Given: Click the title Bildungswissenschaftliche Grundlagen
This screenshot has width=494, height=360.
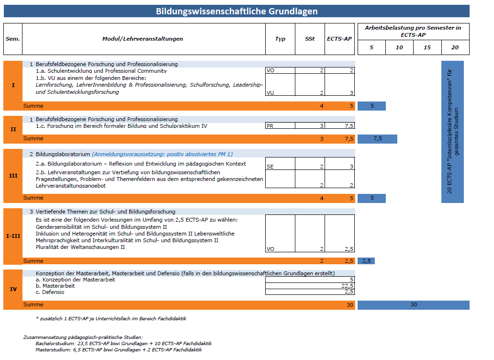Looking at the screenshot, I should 236,11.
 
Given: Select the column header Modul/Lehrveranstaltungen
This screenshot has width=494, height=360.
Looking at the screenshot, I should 143,39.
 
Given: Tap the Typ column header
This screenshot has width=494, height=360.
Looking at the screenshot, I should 280,39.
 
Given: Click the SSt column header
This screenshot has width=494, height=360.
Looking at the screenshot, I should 310,39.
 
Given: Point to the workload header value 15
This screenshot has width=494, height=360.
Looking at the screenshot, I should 427,47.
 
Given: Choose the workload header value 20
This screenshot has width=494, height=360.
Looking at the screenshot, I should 455,47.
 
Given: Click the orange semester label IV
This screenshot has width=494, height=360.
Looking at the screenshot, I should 13,289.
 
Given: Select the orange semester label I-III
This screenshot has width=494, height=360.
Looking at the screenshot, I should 13,236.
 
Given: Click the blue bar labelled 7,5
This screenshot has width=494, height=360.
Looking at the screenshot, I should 377,139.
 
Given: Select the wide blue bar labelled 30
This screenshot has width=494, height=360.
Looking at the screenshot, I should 414,305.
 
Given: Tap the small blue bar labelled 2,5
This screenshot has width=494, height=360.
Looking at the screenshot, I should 366,261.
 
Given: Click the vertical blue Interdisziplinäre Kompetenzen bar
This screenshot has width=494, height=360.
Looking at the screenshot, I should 452,132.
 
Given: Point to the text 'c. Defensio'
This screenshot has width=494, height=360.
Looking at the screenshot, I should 50,292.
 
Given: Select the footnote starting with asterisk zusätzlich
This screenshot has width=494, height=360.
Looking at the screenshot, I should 111,318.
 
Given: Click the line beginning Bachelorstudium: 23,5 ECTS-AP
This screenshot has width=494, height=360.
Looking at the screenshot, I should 123,343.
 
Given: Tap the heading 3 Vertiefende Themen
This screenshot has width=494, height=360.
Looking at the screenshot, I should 102,212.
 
